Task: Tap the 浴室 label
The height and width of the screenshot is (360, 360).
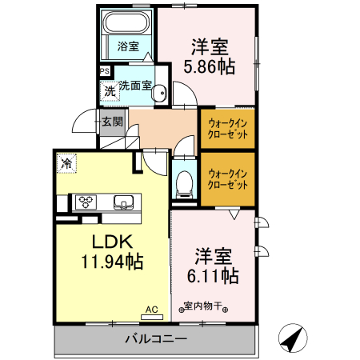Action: (126, 46)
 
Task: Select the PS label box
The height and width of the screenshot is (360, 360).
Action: (105, 71)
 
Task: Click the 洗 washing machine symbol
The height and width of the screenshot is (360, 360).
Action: (108, 90)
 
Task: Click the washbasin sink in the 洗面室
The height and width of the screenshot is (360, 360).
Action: (159, 91)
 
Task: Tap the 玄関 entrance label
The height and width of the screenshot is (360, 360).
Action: (111, 122)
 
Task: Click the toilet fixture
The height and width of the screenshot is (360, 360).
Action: (183, 182)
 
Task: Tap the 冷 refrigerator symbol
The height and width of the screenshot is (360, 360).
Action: (67, 164)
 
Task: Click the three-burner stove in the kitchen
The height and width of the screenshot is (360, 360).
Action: (86, 202)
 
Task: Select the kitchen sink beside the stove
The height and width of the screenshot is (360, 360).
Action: (124, 202)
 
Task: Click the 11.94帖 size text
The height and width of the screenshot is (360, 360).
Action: (111, 261)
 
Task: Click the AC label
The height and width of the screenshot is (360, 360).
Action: (152, 306)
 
